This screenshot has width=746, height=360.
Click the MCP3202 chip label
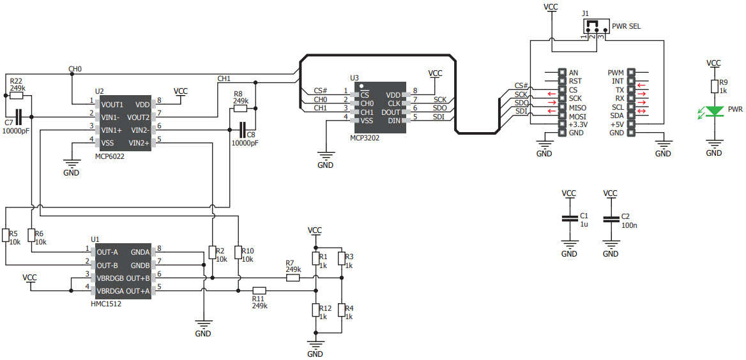[364, 137]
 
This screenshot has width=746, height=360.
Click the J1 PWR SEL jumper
[593, 28]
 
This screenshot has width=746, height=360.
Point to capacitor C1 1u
[568, 219]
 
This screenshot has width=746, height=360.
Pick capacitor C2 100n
[611, 219]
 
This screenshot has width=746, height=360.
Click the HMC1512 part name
[107, 304]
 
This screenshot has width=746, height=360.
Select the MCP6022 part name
[110, 156]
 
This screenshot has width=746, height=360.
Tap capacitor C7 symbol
[19, 117]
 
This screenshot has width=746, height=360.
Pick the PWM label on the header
[616, 73]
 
